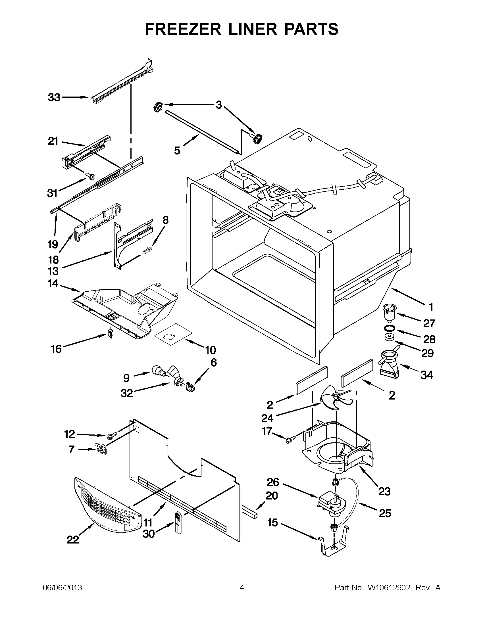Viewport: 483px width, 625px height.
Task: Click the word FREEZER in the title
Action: click(183, 29)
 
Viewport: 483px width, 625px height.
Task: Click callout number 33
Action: click(54, 98)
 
